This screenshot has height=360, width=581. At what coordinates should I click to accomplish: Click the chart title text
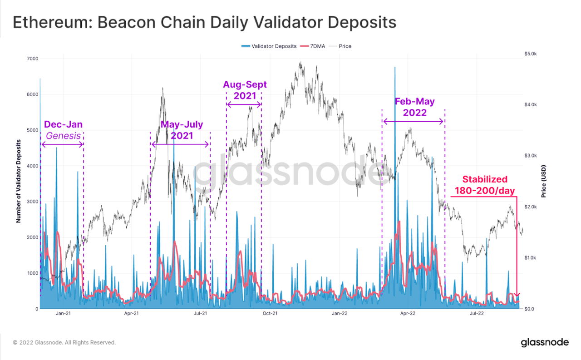click(204, 22)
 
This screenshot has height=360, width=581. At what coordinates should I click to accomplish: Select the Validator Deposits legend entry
click(269, 46)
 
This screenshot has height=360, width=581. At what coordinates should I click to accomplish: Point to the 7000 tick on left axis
click(32, 59)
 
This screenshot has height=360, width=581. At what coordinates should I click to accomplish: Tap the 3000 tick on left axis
click(32, 202)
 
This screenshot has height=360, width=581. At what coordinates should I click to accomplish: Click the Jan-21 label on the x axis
click(63, 313)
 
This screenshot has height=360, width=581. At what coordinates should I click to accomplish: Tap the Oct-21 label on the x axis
click(270, 313)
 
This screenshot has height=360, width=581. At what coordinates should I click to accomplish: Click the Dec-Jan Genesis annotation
click(63, 130)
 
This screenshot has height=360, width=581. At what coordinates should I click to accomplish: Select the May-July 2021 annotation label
click(182, 130)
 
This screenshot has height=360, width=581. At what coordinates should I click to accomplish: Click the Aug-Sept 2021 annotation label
click(245, 90)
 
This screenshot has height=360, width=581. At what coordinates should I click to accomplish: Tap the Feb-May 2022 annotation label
click(414, 107)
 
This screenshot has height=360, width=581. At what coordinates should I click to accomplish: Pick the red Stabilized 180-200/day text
click(484, 185)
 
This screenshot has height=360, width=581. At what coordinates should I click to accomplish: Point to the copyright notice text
click(64, 342)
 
